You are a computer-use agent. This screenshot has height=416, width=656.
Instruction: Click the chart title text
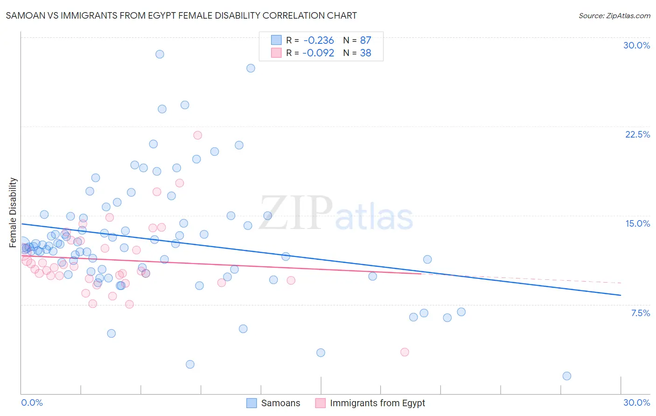(181, 15)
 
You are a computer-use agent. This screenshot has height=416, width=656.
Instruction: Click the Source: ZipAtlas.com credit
(614, 15)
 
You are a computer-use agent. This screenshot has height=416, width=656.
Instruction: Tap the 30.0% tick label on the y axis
(636, 45)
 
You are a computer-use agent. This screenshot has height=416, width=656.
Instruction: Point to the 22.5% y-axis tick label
(637, 134)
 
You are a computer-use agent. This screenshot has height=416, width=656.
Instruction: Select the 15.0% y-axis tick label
(637, 223)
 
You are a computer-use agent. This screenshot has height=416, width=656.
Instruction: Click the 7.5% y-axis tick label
(640, 313)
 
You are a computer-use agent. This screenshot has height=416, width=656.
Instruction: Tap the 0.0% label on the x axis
(32, 402)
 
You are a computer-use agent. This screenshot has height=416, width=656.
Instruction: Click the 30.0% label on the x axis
(636, 402)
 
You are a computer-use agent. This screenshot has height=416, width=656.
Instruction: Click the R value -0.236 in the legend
(319, 41)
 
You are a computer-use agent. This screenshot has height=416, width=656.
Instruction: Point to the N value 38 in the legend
(365, 53)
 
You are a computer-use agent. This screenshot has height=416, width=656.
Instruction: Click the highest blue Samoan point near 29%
(160, 54)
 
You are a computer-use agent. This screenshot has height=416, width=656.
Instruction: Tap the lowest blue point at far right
(566, 376)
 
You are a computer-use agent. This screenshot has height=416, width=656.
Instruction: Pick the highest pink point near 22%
(197, 135)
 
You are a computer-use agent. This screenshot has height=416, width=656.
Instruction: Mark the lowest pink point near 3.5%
(405, 352)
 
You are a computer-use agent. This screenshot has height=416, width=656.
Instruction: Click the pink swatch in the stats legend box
(276, 53)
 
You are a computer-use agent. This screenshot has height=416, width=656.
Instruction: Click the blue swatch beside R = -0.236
(276, 40)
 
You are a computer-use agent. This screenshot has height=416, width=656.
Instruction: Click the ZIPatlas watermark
(336, 213)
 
